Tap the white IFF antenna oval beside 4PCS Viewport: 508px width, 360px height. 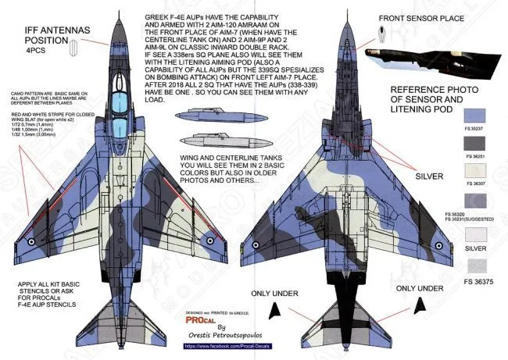click(73, 48)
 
